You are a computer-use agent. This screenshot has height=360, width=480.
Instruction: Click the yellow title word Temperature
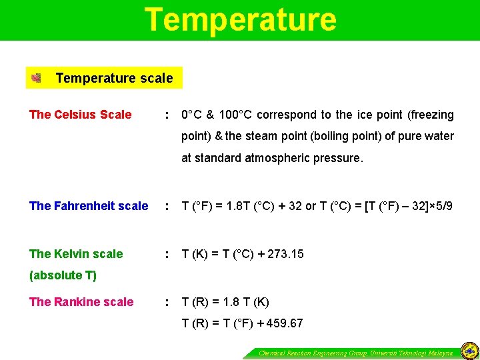point(241,19)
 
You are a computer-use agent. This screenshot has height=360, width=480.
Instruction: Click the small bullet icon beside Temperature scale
point(36,79)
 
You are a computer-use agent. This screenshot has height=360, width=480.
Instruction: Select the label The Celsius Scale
point(81,115)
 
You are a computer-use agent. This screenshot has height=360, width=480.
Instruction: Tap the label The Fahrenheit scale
point(89,206)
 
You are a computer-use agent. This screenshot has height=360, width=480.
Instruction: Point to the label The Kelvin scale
point(76,254)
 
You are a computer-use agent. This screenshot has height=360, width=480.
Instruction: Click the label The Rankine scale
point(81,302)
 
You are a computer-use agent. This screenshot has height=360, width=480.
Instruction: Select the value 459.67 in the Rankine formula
point(284,323)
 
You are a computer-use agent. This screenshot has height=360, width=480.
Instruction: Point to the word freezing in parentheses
point(429,115)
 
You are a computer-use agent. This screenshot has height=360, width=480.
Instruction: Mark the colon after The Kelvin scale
point(167,254)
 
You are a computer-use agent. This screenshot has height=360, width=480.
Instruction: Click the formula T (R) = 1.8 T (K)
point(225,302)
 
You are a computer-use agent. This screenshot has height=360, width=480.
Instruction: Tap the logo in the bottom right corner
point(469,349)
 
